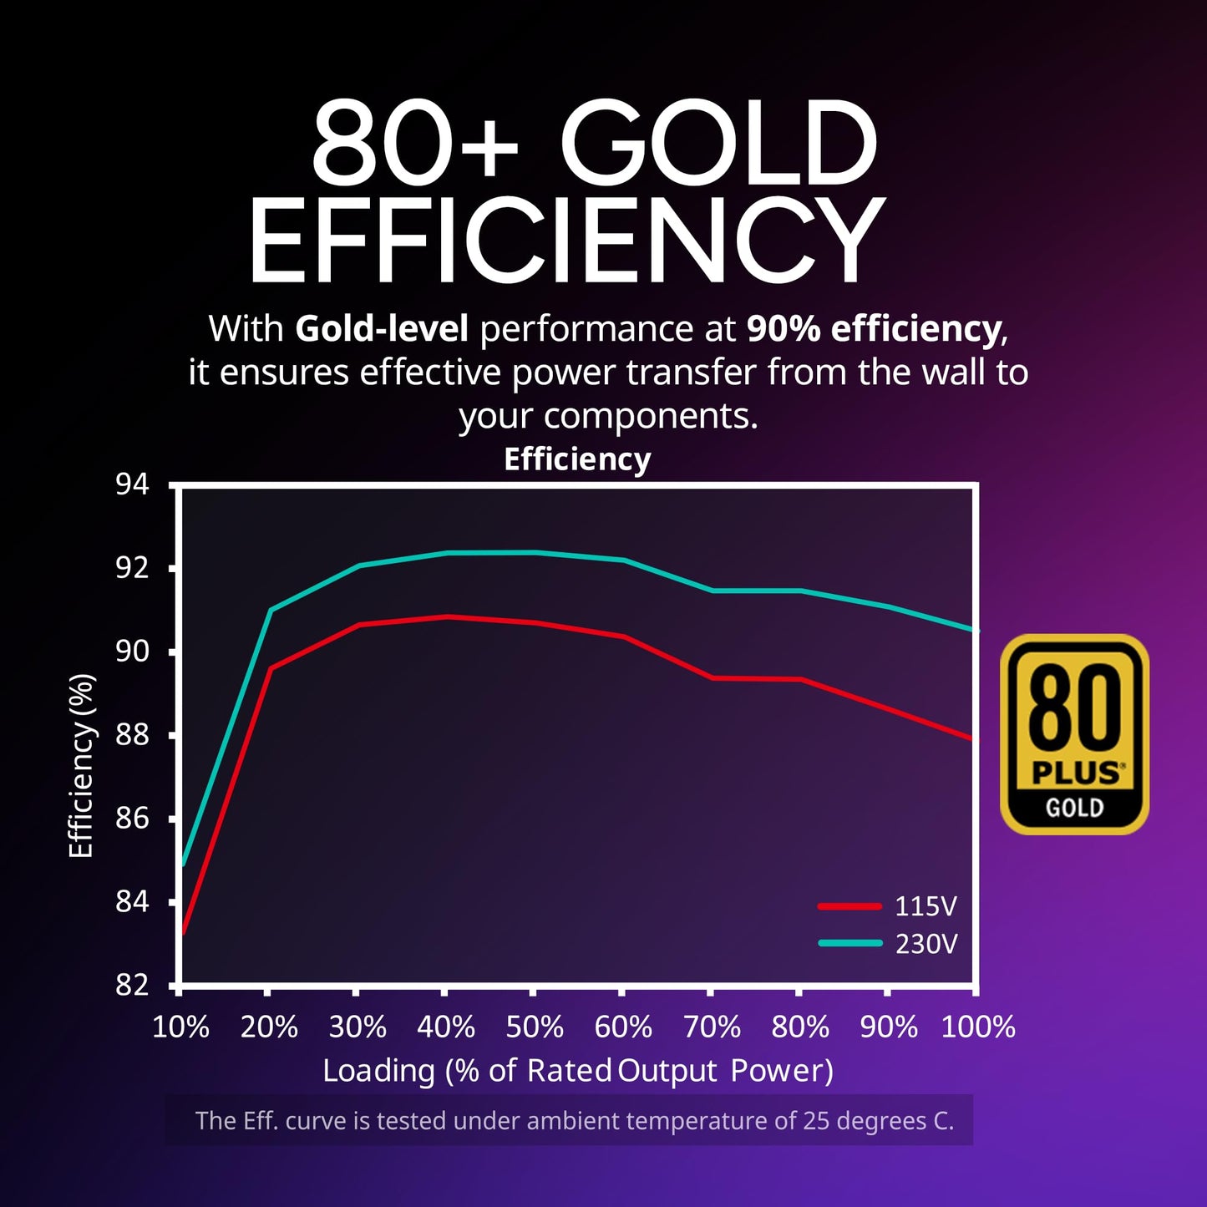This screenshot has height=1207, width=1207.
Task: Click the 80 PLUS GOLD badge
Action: (1074, 734)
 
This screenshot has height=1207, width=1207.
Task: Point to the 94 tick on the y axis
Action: (132, 484)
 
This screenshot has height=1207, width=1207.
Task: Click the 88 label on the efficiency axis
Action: (132, 735)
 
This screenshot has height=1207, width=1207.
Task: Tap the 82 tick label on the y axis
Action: (132, 986)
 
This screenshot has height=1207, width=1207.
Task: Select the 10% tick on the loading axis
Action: (180, 1027)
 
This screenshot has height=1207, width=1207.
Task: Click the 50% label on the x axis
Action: (535, 1027)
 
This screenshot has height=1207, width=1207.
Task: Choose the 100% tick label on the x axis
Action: (978, 1027)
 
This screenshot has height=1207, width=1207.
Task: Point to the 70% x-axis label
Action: (712, 1027)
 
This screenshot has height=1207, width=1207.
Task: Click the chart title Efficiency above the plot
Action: (577, 459)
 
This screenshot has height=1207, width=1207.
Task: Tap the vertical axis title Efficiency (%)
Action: (81, 765)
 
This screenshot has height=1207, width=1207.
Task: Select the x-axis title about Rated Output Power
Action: (578, 1071)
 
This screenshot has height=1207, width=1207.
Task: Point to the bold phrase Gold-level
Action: (382, 329)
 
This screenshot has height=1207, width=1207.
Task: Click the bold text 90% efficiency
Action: (874, 329)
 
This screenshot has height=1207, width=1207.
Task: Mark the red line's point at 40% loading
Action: (447, 616)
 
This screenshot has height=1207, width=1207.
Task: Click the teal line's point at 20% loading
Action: (270, 611)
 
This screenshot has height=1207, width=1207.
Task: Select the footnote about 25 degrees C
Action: (574, 1120)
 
